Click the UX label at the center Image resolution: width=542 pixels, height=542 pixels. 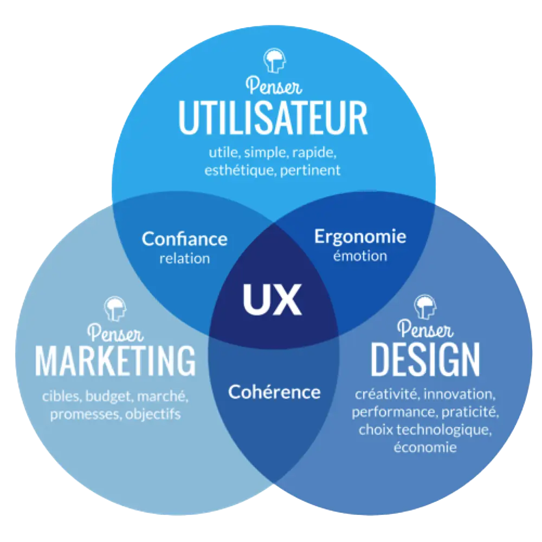(x=272, y=300)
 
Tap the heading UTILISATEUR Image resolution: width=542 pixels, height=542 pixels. (x=273, y=118)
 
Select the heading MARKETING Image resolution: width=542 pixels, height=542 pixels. (x=115, y=359)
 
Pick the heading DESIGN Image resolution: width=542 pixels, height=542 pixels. (x=425, y=359)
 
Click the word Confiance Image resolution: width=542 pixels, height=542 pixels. (x=185, y=239)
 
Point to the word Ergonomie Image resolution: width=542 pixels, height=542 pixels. (x=360, y=237)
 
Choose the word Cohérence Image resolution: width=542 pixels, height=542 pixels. (x=274, y=391)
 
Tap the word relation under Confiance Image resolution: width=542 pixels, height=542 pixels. (x=185, y=258)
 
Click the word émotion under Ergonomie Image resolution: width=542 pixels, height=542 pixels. (x=360, y=255)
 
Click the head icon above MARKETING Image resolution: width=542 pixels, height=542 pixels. (x=115, y=309)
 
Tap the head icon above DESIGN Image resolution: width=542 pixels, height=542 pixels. (x=425, y=307)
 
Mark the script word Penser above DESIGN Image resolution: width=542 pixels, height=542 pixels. (x=425, y=330)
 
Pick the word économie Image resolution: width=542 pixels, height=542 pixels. (x=425, y=447)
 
